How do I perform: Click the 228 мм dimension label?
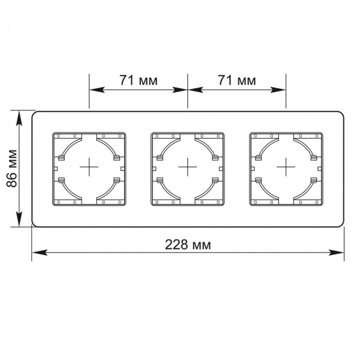(x=188, y=245)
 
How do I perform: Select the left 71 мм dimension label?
(x=139, y=80)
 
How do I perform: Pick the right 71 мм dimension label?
(x=236, y=80)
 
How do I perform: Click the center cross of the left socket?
(x=90, y=167)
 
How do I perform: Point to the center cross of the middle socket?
(x=188, y=167)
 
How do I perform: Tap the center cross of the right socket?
(x=286, y=167)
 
